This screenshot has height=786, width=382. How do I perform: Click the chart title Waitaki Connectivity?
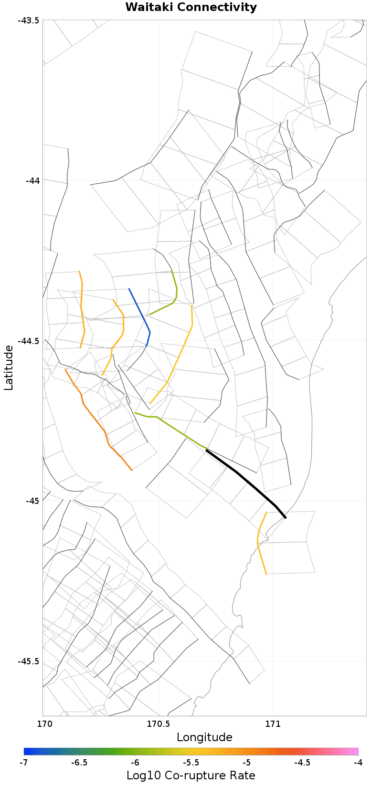pyautogui.click(x=191, y=8)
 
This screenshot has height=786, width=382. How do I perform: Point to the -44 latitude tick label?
pyautogui.click(x=32, y=180)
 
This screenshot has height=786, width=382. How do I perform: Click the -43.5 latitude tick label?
pyautogui.click(x=29, y=20)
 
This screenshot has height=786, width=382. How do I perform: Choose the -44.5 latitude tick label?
pyautogui.click(x=29, y=341)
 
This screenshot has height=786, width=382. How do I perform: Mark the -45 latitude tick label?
pyautogui.click(x=32, y=501)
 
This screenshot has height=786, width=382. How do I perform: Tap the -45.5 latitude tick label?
pyautogui.click(x=29, y=661)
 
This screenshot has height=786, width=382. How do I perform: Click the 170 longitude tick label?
pyautogui.click(x=43, y=723)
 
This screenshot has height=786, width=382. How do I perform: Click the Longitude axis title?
pyautogui.click(x=204, y=737)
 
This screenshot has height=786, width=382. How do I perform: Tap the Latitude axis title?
pyautogui.click(x=9, y=368)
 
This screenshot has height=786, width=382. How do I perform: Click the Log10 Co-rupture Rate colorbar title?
pyautogui.click(x=191, y=776)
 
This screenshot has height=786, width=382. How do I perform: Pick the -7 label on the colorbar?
pyautogui.click(x=23, y=763)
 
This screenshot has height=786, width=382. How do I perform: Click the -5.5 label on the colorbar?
pyautogui.click(x=191, y=763)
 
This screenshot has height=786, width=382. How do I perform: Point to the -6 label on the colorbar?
pyautogui.click(x=135, y=763)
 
